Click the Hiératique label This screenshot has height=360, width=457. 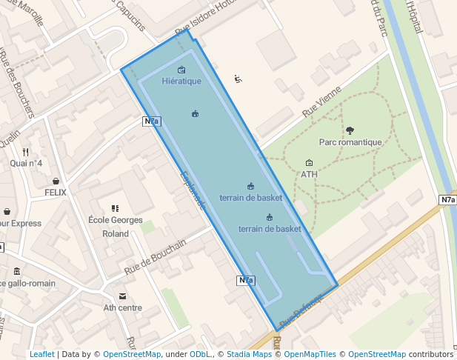pos(181,81)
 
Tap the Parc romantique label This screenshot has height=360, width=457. pos(350,142)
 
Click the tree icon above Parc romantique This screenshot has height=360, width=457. pos(350,130)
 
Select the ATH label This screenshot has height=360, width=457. pos(309,175)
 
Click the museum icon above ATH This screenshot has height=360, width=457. pos(309,163)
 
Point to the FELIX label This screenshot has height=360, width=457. pos(56,193)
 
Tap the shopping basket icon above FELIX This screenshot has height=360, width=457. pos(56,181)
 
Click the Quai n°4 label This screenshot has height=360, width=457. pos(26,163)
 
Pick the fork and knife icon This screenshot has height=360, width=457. pos(26,152)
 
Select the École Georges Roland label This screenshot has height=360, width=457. pos(115,227)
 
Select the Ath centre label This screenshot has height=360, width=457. pos(122,307)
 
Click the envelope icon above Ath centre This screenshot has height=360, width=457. pos(122,296)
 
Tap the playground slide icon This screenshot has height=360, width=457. pos(238,79)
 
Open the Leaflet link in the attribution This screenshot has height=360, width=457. pos(41,355)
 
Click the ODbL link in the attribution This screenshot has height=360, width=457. pos(200,355)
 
